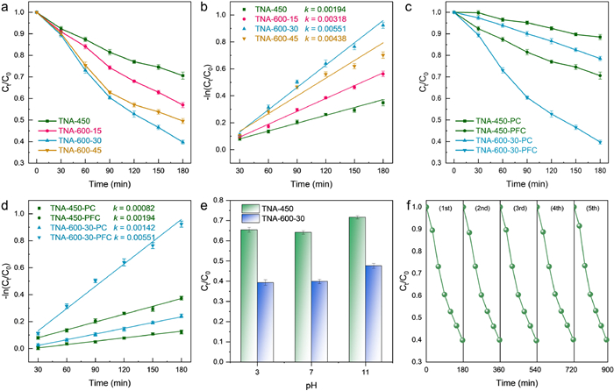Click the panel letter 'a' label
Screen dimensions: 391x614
click(5, 8)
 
